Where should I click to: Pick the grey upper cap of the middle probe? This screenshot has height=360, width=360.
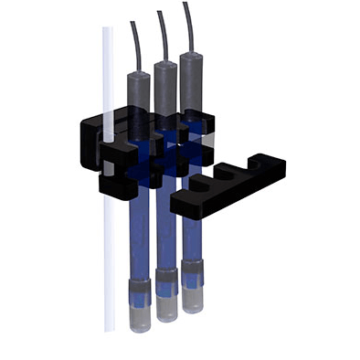(x=164, y=82)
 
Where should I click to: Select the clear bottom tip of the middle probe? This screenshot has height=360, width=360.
(x=165, y=308)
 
